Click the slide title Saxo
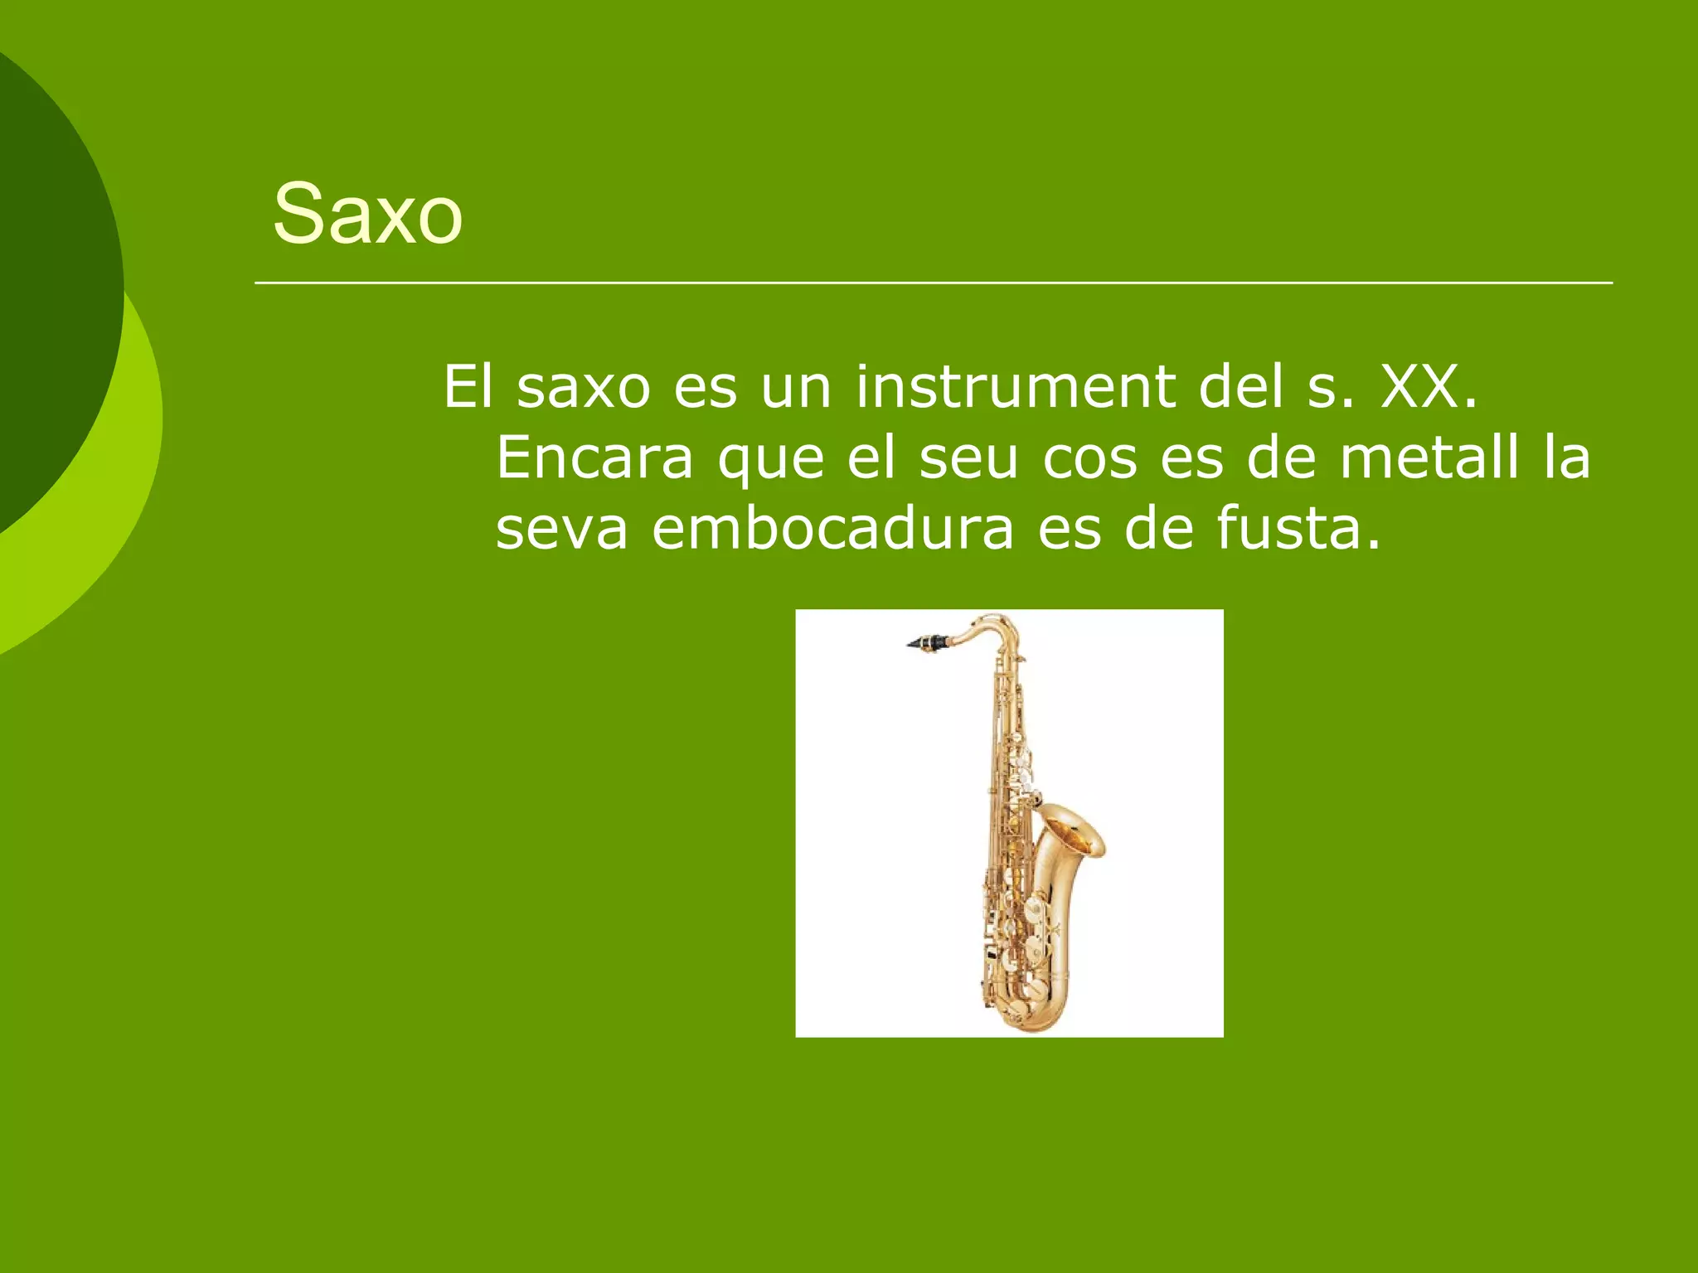coord(367,214)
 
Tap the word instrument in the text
coord(1015,386)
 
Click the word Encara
coord(594,457)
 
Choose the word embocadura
coord(832,529)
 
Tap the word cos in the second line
coord(1089,457)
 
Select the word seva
coord(561,529)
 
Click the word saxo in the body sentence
coord(584,386)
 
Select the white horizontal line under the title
coord(933,283)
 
